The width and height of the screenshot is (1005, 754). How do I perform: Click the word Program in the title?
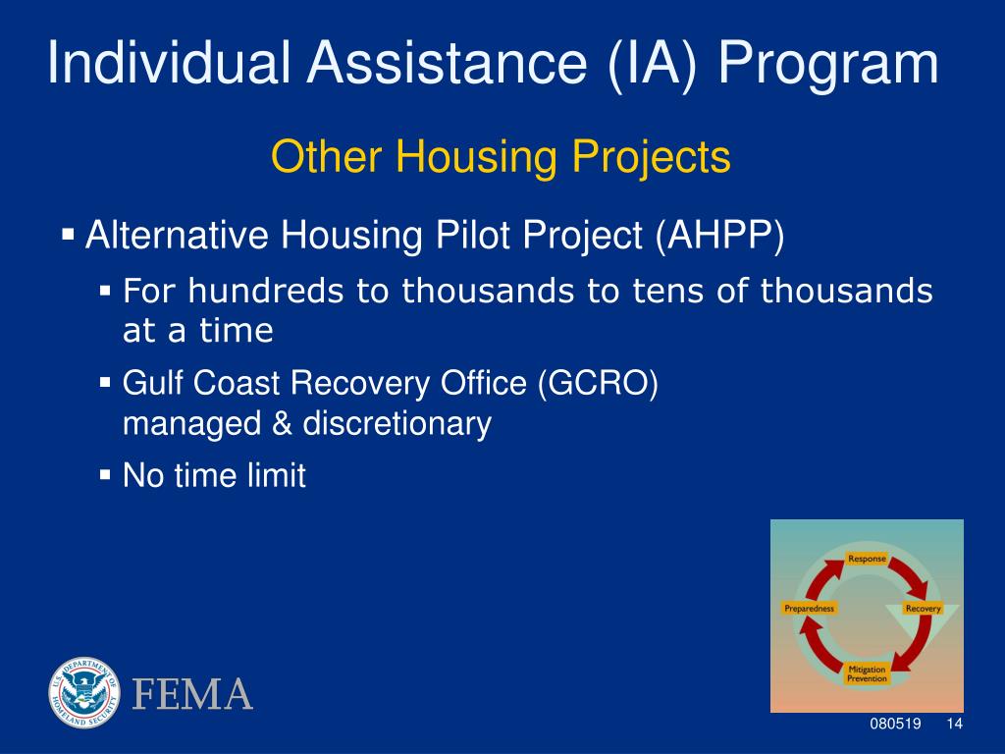coord(828,65)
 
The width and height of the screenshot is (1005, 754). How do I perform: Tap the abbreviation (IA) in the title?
coord(653,65)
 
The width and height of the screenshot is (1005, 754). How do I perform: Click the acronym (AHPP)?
coord(719,236)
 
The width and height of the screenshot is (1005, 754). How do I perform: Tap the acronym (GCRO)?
coord(598,384)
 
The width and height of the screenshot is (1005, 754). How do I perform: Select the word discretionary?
coord(397,424)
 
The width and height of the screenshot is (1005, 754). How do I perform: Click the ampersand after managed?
coord(282,423)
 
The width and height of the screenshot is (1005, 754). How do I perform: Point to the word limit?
coord(280,475)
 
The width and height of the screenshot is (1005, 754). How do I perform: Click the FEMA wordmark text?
coord(192,694)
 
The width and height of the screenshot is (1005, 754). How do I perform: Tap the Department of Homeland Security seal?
coord(84,692)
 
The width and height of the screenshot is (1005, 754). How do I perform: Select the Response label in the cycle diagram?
coord(867,559)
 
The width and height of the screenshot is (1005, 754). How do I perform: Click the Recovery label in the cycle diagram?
coord(923,608)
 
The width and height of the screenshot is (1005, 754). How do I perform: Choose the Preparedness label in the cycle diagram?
coord(810,608)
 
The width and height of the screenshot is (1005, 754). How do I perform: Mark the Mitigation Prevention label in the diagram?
coord(867,673)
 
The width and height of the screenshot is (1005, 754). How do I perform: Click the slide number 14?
coord(954,724)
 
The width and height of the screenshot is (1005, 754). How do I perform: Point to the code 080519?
coord(895,724)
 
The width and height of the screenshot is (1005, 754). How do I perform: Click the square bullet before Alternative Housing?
coord(68,233)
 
